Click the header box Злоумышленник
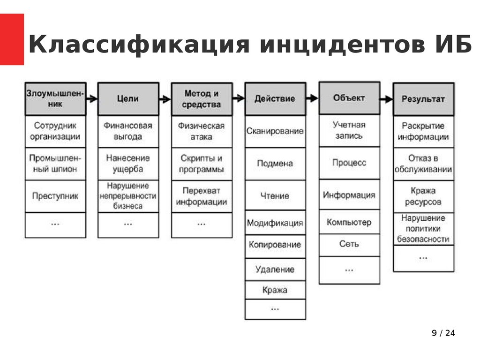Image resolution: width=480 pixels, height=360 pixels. [x=55, y=99]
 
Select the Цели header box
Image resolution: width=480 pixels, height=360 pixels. [x=128, y=99]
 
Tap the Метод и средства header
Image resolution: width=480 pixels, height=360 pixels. [x=202, y=99]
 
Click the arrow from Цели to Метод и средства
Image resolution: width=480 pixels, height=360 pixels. [x=165, y=99]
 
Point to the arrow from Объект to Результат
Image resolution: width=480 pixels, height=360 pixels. [x=386, y=99]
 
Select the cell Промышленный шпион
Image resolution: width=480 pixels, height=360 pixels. [x=55, y=163]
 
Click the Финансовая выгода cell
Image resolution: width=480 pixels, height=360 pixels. [x=128, y=131]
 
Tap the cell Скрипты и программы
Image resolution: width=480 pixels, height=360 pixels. [x=202, y=164]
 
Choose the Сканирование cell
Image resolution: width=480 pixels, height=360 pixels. [x=275, y=131]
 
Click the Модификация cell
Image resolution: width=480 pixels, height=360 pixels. [x=275, y=223]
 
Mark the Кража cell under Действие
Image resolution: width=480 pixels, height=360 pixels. [x=275, y=290]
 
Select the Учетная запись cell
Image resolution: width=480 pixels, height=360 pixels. [x=349, y=130]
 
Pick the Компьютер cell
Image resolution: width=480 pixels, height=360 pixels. [x=349, y=222]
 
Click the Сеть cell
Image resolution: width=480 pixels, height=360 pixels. [x=349, y=244]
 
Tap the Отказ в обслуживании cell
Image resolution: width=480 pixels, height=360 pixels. [x=423, y=164]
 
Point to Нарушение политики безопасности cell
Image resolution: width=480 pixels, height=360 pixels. [x=423, y=229]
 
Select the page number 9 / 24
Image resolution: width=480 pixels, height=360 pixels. [x=443, y=333]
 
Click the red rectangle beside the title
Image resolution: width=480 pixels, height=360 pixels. [x=12, y=39]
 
